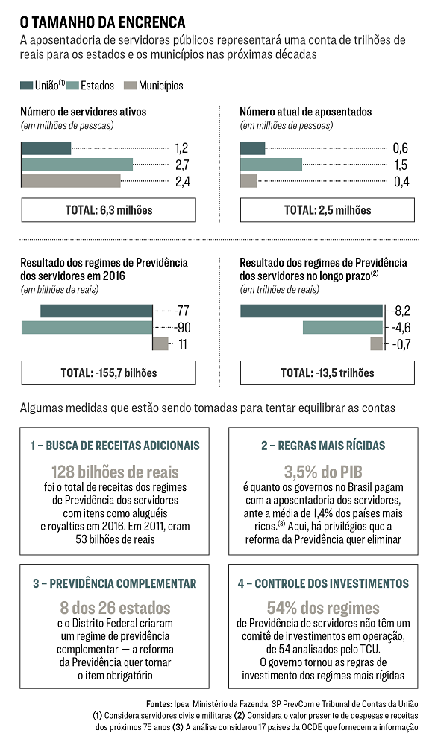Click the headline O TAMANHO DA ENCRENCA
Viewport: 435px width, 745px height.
point(103,22)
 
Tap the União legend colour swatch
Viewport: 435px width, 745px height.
point(26,86)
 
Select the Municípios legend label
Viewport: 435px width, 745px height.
point(161,86)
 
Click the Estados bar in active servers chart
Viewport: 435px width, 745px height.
point(77,165)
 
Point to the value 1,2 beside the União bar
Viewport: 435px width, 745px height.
point(182,148)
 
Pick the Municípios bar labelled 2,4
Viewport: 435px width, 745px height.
point(71,181)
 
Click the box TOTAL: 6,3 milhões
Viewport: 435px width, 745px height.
point(108,210)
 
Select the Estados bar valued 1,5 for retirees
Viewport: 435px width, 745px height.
point(272,165)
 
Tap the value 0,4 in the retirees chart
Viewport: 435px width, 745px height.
point(401,182)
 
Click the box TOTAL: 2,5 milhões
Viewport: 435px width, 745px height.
point(328,210)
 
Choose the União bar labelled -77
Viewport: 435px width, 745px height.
point(96,311)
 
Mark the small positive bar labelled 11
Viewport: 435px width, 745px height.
point(161,344)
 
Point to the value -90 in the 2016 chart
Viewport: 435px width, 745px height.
point(182,327)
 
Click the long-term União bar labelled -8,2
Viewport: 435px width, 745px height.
point(311,311)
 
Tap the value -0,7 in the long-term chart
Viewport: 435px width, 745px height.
point(401,344)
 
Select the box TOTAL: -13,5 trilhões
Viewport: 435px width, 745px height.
point(328,373)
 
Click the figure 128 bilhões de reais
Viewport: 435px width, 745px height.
point(115,472)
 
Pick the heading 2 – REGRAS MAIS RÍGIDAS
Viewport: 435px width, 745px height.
point(323,446)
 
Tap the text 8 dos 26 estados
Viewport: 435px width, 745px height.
point(115,608)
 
